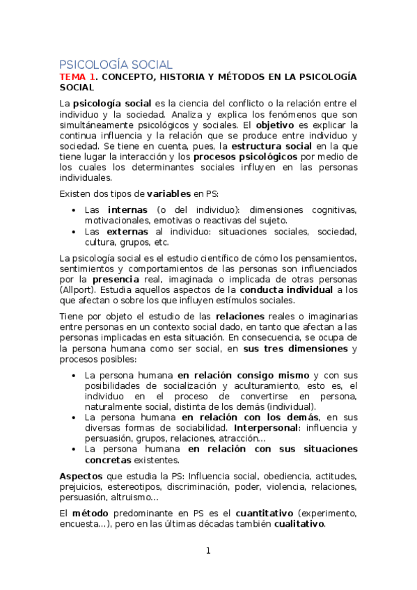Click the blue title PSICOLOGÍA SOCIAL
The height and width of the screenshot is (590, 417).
[x=116, y=64]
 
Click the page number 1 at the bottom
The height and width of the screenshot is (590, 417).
[x=207, y=551]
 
